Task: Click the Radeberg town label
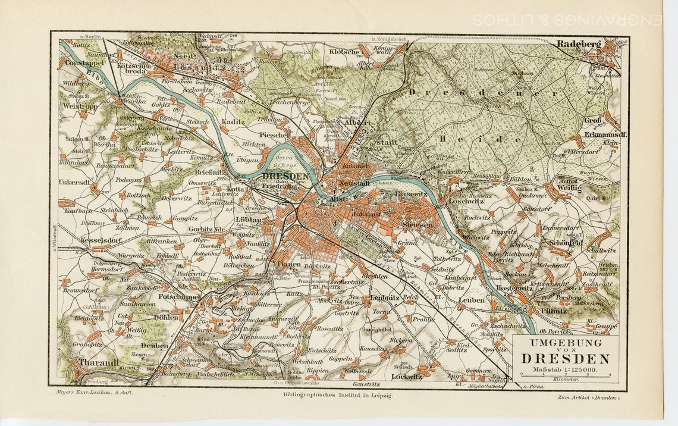579,43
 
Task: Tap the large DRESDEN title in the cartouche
566,358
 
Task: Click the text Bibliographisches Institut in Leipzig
337,394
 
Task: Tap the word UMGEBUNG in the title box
566,343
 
